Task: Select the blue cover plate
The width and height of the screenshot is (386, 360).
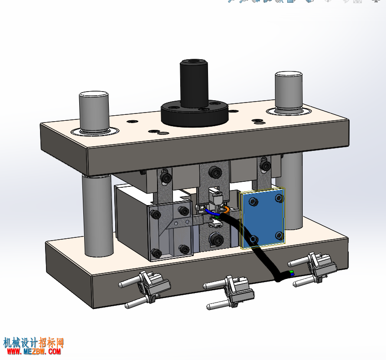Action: [x=263, y=217]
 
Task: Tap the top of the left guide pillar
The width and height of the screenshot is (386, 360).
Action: [x=94, y=94]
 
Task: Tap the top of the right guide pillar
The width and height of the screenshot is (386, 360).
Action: [x=289, y=74]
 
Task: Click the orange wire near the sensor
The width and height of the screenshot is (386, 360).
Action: [x=227, y=209]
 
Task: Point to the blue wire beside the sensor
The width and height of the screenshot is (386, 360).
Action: [x=212, y=212]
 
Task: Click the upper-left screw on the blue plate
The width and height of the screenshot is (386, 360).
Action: [x=253, y=202]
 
